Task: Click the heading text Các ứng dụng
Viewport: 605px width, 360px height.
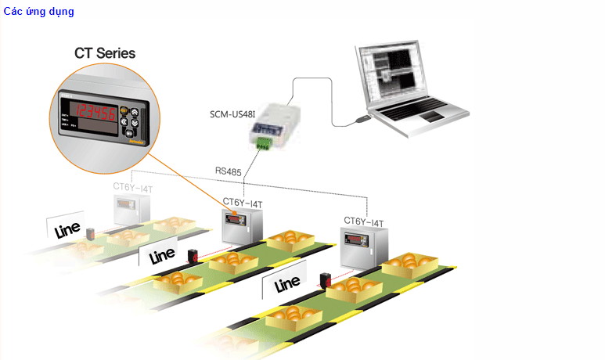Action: pos(38,12)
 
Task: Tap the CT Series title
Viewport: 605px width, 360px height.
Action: pos(105,53)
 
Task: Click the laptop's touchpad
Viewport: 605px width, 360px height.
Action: pos(430,117)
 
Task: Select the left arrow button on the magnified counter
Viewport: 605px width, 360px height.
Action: pos(125,112)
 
